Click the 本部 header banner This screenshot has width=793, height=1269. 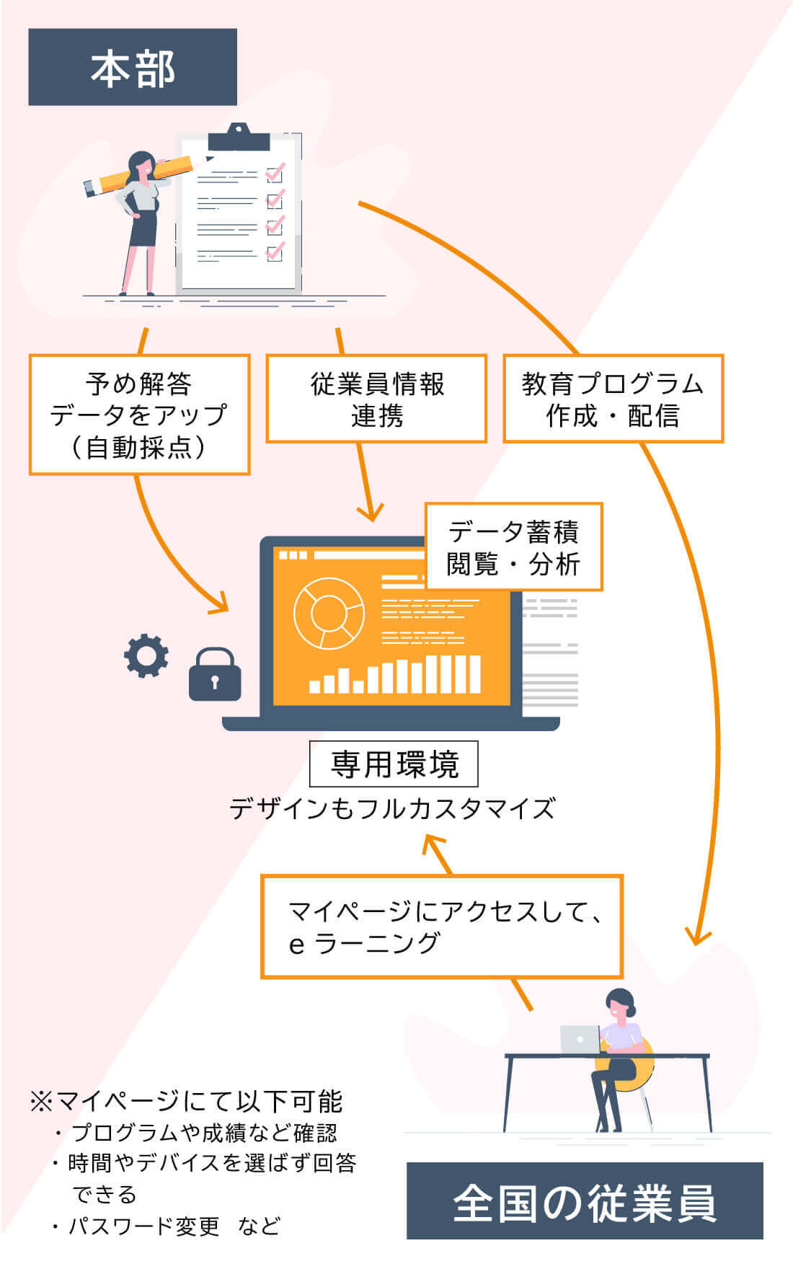pos(133,67)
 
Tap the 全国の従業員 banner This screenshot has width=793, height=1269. pos(585,1201)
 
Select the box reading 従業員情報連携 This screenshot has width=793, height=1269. pos(376,399)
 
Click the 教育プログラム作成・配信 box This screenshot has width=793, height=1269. pos(613,399)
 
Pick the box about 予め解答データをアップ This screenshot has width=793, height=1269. pos(139,415)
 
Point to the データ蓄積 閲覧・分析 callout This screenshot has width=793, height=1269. pos(513,547)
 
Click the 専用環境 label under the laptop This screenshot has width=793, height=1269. pos(394,764)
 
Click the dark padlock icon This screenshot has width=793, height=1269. pos(214,676)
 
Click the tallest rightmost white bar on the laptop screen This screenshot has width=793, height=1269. pos(474,673)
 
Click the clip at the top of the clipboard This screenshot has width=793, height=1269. pos(239,138)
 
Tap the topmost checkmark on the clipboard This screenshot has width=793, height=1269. pos(275,173)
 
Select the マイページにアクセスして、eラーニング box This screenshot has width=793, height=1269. pos(441,927)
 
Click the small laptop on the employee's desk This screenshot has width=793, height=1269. pos(580,1038)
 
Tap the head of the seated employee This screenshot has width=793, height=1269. pos(619,1003)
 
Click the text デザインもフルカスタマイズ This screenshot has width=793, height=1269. pos(392,808)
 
